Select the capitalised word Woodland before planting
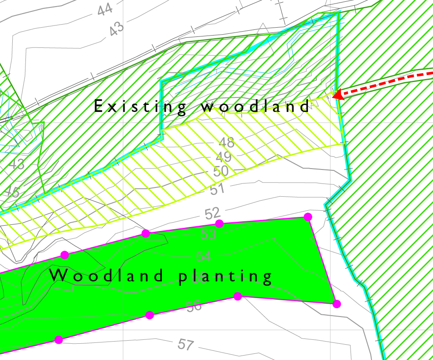click(x=107, y=276)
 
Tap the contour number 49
click(x=224, y=157)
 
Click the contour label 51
click(x=217, y=189)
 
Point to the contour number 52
click(x=212, y=213)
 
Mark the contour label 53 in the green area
click(x=209, y=235)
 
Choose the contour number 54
click(x=204, y=256)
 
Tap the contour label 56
click(x=194, y=306)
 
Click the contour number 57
click(x=186, y=345)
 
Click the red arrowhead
click(x=337, y=94)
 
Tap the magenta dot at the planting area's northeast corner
click(x=308, y=217)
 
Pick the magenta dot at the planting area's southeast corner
click(x=336, y=304)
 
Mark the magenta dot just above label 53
click(x=220, y=224)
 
